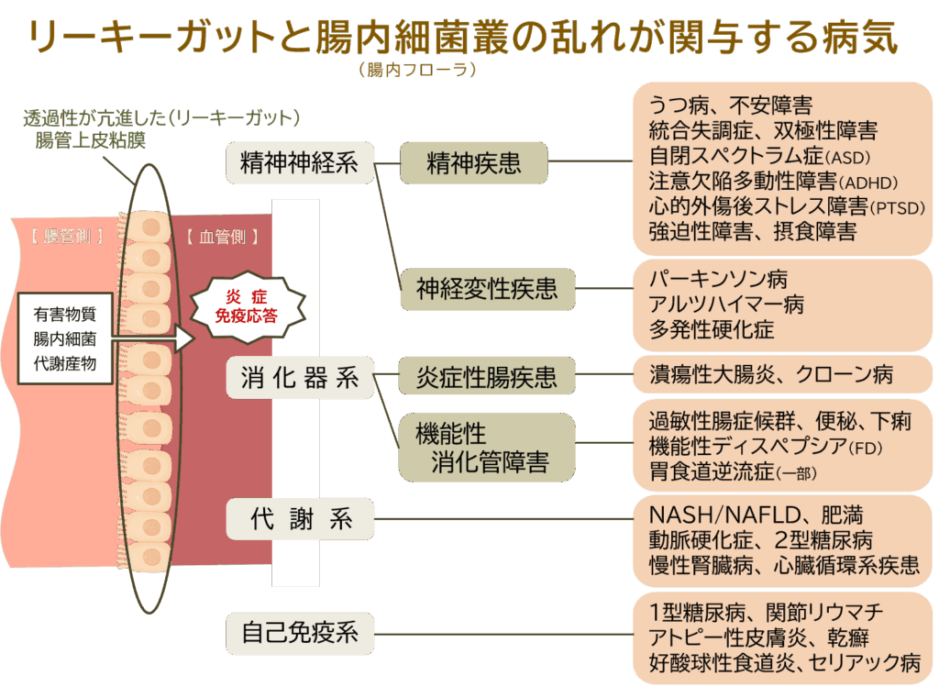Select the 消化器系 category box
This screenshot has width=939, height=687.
tap(300, 378)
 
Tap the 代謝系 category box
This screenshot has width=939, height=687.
tap(300, 519)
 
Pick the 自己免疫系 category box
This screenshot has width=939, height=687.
tap(300, 632)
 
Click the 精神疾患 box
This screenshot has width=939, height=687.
tap(474, 163)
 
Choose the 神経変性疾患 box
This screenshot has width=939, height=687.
tap(486, 290)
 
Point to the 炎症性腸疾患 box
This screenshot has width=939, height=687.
tap(486, 376)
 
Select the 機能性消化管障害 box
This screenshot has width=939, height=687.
tap(486, 448)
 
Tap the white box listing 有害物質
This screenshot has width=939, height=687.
tap(64, 338)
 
